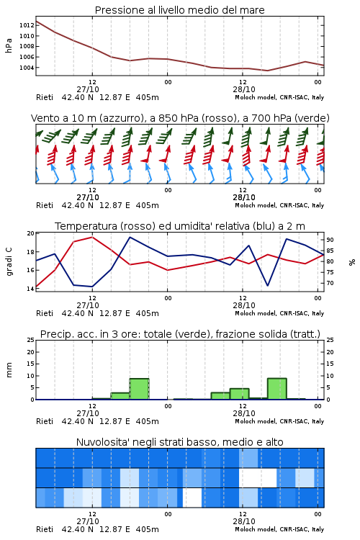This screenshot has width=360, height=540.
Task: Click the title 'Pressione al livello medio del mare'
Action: (179, 10)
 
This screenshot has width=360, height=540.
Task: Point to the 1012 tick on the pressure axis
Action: (27, 25)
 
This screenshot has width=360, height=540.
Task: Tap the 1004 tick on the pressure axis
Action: (27, 68)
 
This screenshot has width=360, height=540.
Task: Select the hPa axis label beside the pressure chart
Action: (9, 45)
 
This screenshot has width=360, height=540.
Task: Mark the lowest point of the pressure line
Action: (267, 71)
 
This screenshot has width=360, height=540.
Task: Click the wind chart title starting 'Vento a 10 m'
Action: (180, 118)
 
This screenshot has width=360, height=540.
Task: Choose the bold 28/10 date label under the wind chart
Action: (244, 197)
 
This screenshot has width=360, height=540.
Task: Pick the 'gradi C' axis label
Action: (9, 262)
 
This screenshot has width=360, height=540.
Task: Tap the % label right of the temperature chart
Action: (352, 262)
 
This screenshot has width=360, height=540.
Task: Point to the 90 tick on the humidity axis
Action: (330, 240)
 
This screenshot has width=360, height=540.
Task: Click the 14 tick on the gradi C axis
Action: (30, 289)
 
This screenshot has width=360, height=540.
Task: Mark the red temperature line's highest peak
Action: (92, 237)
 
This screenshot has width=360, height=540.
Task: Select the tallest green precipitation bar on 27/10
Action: (139, 389)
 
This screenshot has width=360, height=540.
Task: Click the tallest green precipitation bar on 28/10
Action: (277, 389)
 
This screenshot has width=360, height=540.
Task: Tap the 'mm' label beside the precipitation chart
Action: (9, 369)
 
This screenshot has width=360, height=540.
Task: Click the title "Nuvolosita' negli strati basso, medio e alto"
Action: (179, 442)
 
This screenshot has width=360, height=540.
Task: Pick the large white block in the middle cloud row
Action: (258, 477)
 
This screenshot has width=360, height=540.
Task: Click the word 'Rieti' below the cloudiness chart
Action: (45, 529)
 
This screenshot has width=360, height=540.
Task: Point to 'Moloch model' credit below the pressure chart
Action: (256, 97)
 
